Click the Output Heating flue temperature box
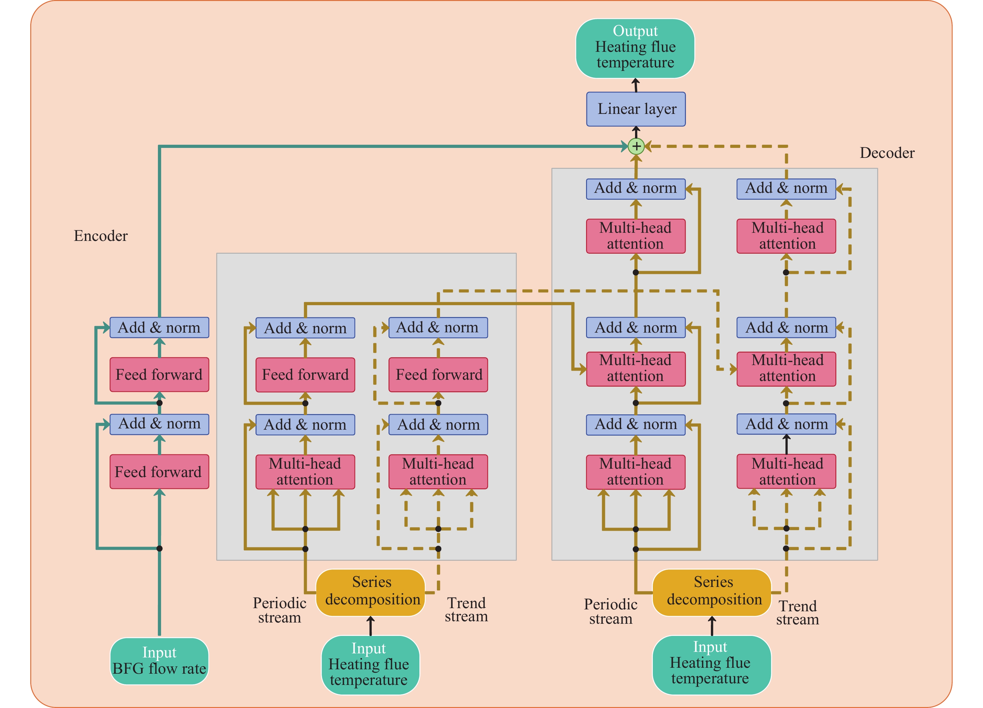tap(635, 48)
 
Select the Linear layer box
tap(636, 109)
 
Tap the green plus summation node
tap(636, 146)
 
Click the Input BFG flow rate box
tap(159, 661)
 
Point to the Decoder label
tap(887, 153)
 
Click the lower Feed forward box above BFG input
tap(159, 471)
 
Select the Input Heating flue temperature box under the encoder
tap(370, 664)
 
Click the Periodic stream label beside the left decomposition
tap(280, 610)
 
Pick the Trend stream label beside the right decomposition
tap(798, 612)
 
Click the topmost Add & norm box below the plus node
tap(635, 189)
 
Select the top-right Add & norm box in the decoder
tap(786, 189)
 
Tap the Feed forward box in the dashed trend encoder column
tap(438, 374)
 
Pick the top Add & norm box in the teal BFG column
tap(159, 328)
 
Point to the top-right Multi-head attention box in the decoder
tap(786, 236)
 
